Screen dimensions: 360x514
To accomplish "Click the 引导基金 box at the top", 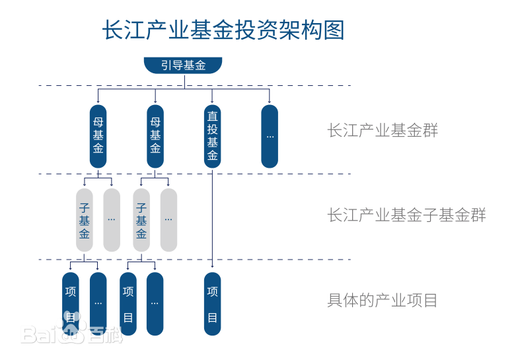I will click(x=183, y=65).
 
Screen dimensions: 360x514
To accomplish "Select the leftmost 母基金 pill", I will click(x=98, y=136).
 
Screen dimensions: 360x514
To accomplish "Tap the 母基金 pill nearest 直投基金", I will click(x=155, y=136).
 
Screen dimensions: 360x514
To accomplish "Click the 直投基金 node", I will click(x=212, y=136).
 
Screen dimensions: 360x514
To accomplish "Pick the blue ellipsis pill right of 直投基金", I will click(x=270, y=136).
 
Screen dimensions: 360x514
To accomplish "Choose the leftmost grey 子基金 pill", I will click(x=85, y=220).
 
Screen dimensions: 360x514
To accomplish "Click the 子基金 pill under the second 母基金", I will click(x=141, y=220).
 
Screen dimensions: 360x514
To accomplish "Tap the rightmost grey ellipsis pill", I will click(x=168, y=220).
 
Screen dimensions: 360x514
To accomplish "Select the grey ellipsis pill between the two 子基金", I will click(x=112, y=220).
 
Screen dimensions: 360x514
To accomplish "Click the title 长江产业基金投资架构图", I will click(x=223, y=30).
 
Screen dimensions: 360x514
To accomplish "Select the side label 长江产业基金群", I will click(x=383, y=130).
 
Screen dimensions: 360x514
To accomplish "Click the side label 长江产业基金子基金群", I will click(x=406, y=215).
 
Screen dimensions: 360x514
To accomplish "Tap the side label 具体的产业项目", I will click(x=383, y=301).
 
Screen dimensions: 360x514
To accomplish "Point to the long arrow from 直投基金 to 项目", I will click(x=212, y=218).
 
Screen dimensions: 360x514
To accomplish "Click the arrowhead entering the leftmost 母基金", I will click(x=98, y=102).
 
